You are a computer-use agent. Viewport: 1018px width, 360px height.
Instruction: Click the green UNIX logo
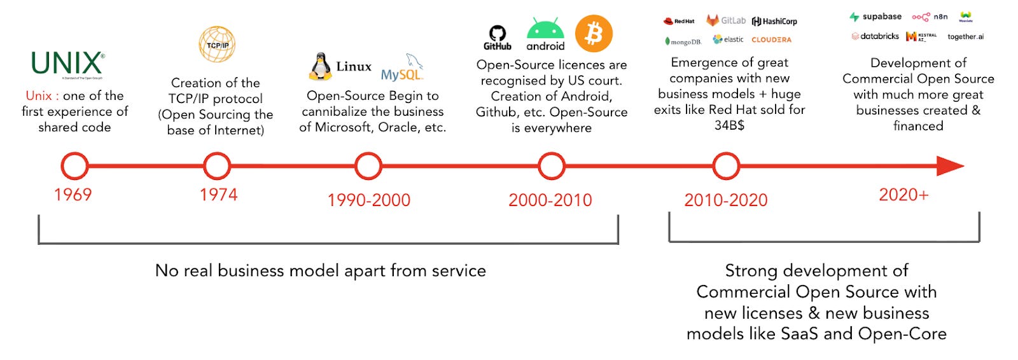point(67,64)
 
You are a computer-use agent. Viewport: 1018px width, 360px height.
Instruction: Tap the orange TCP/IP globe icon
point(217,45)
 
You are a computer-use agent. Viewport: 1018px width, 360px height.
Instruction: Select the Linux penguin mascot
point(321,66)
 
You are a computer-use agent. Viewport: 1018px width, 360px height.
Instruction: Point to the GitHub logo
point(497,38)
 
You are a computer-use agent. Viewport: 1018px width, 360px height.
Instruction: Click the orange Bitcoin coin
point(594,34)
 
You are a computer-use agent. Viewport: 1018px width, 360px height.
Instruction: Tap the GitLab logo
point(726,21)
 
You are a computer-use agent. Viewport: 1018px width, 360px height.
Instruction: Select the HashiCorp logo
point(774,22)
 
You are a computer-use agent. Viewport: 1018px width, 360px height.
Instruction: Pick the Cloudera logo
point(771,39)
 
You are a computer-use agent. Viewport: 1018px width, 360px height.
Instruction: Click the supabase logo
point(875,17)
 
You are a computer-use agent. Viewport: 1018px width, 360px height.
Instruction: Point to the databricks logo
point(875,36)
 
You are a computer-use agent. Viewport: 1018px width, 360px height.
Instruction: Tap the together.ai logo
point(965,37)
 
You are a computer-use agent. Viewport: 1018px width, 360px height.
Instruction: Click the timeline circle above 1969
point(74,166)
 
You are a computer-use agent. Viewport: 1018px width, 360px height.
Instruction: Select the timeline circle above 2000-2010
point(551,166)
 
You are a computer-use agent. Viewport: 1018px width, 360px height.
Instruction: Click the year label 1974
point(218,195)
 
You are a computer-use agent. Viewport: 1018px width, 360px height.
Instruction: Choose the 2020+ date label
point(903,195)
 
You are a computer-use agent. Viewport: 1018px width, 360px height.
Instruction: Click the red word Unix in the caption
point(39,95)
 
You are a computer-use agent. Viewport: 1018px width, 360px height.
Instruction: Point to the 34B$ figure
point(729,125)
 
